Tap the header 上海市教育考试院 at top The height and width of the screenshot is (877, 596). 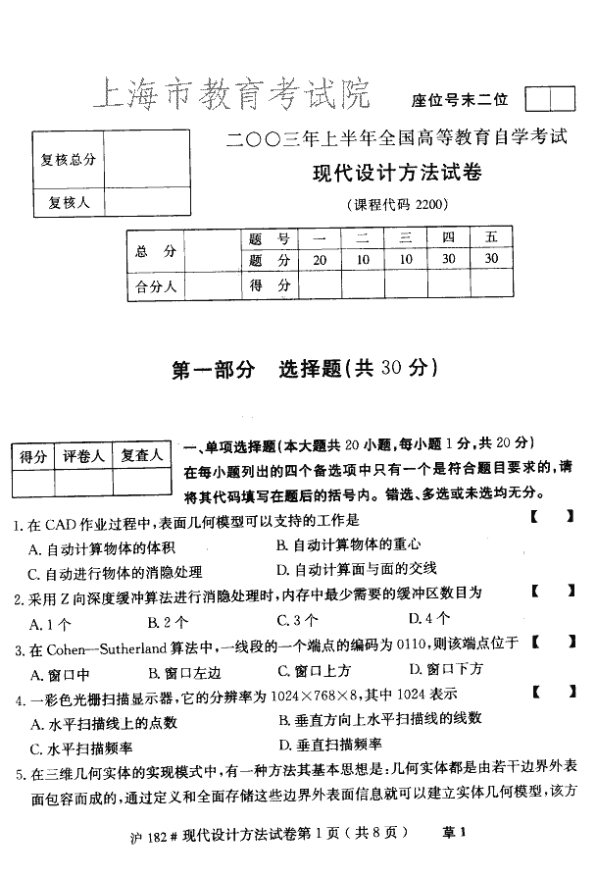232,95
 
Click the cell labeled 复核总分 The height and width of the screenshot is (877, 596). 68,159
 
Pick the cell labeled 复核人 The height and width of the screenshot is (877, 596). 68,202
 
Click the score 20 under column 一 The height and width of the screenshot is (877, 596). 320,260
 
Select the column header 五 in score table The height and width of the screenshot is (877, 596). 491,238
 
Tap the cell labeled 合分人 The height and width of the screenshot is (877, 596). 155,286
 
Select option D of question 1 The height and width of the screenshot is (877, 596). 357,568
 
